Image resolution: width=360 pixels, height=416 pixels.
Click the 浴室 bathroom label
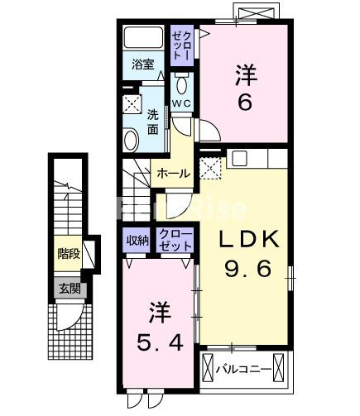tap(142, 65)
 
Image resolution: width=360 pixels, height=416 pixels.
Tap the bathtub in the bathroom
tap(143, 37)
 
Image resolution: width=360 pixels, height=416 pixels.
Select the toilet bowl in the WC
tap(181, 85)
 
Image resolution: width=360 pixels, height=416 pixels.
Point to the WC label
tap(181, 103)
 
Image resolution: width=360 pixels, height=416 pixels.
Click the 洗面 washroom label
tap(152, 122)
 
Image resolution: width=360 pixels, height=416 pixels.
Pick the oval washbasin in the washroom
tap(131, 140)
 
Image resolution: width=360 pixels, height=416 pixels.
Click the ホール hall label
tap(174, 174)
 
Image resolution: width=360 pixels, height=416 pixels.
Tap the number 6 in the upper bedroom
tap(244, 103)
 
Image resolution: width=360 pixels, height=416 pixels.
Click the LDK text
tap(247, 239)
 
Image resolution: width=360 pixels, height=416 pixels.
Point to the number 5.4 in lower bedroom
tap(160, 342)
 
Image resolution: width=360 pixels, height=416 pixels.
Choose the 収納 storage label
tap(137, 241)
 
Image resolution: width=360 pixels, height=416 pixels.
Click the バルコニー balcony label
tap(243, 369)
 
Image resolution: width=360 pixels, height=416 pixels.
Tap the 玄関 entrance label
tap(70, 289)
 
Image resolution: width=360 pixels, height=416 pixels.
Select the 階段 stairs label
tap(69, 253)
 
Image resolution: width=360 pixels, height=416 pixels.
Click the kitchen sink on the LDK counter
tap(239, 158)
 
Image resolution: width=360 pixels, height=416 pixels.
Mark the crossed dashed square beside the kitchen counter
tap(210, 168)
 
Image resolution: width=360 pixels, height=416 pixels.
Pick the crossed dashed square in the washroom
tap(132, 104)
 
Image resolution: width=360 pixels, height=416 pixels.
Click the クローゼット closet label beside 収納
tap(175, 241)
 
